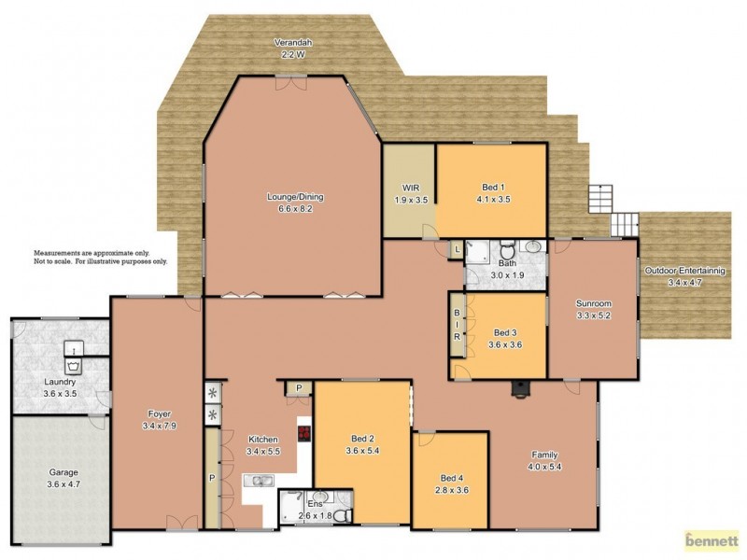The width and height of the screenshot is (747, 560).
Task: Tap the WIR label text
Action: pos(408,193)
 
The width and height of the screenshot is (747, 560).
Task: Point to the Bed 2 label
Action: pos(362,444)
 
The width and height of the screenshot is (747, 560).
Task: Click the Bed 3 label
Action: pos(505,338)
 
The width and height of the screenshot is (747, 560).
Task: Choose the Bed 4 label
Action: pos(451,483)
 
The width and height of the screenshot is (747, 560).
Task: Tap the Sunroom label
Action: pos(593,309)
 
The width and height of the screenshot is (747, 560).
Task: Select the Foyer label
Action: pos(154,419)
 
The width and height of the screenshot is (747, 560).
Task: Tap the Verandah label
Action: pos(292,49)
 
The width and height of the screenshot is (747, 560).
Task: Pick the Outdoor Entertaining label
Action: pos(690,276)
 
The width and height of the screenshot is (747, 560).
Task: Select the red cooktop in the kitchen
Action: pos(303,432)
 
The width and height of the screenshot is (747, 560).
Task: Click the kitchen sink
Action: pos(258,481)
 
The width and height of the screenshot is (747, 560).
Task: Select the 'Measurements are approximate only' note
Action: pos(101,258)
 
